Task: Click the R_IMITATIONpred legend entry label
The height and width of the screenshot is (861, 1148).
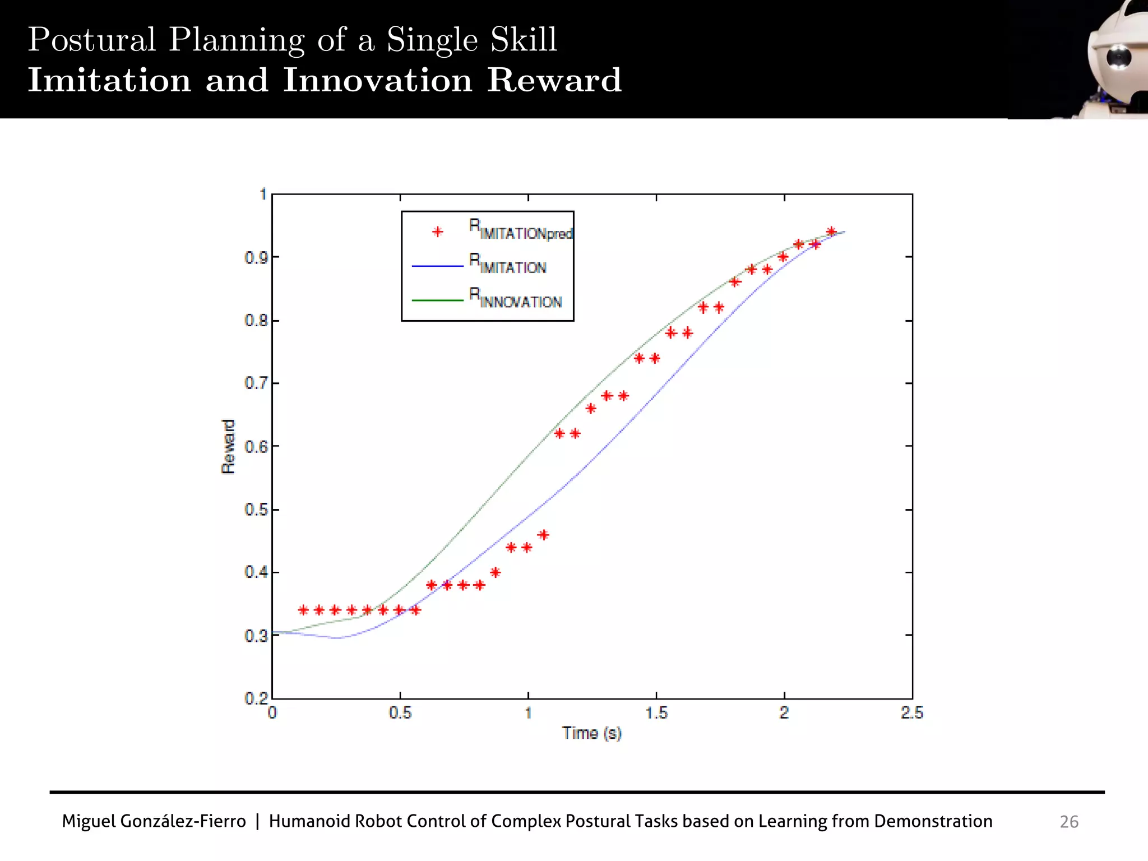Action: pyautogui.click(x=520, y=230)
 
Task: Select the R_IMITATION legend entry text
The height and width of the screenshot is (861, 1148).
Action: pyautogui.click(x=507, y=265)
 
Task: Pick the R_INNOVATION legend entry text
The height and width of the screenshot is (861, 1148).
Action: pyautogui.click(x=515, y=299)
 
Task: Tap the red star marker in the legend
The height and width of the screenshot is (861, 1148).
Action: pyautogui.click(x=438, y=232)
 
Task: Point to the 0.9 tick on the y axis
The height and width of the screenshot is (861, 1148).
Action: pyautogui.click(x=256, y=258)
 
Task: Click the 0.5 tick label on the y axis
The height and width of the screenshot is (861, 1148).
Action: pyautogui.click(x=256, y=510)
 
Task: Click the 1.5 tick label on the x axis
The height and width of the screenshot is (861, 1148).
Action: pyautogui.click(x=656, y=713)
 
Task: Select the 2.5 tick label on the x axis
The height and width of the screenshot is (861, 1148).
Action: pyautogui.click(x=911, y=713)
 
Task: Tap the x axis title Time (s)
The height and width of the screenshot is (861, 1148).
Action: pyautogui.click(x=592, y=733)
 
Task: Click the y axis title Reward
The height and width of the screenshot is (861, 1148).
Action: pyautogui.click(x=228, y=447)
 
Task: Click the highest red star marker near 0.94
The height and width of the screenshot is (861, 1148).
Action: pyautogui.click(x=831, y=232)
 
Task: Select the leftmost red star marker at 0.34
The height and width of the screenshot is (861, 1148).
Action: pyautogui.click(x=303, y=610)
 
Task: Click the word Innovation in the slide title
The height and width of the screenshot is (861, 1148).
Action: pyautogui.click(x=377, y=80)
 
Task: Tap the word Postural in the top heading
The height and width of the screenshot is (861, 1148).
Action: pyautogui.click(x=92, y=40)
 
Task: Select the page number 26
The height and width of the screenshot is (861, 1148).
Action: pyautogui.click(x=1068, y=822)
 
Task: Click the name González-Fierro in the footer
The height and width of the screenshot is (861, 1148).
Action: pyautogui.click(x=183, y=821)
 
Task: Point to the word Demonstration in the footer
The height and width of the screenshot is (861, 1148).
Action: pyautogui.click(x=933, y=821)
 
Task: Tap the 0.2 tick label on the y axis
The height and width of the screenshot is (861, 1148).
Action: pyautogui.click(x=256, y=698)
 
